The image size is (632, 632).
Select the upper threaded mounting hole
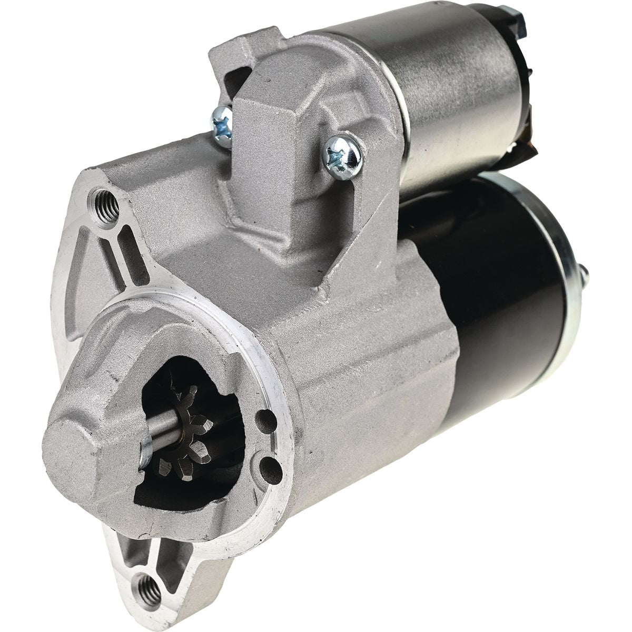pyautogui.click(x=105, y=202)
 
